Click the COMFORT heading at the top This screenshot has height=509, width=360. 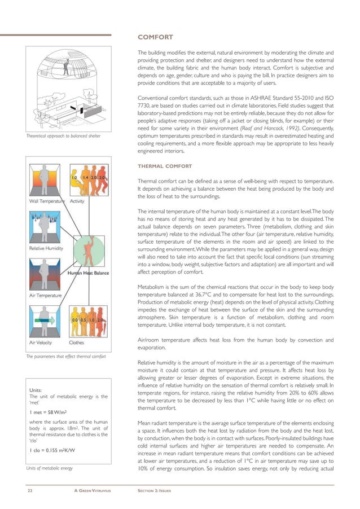[x=155, y=37]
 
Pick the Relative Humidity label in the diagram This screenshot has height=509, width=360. [x=46, y=248]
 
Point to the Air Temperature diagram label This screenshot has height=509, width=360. [x=45, y=295]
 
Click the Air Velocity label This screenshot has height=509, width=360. [x=41, y=341]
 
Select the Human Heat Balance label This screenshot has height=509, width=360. [x=88, y=273]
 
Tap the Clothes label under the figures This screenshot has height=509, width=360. [x=77, y=341]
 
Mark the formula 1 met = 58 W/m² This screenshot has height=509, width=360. [x=49, y=413]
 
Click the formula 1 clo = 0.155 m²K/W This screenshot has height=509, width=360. [x=52, y=450]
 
